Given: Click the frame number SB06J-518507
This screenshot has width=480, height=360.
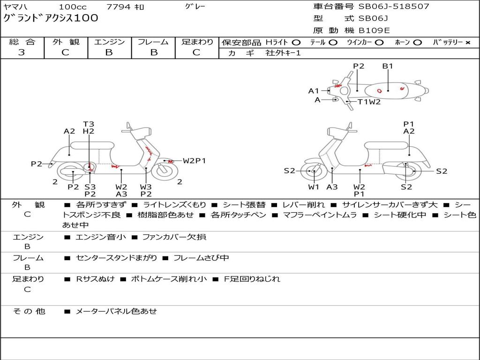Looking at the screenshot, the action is point(394,7).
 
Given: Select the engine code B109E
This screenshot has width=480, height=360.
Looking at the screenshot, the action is point(374,30).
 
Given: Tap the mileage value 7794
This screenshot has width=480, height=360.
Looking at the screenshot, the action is point(118,7).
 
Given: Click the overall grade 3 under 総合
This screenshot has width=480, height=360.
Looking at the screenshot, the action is point(22,52).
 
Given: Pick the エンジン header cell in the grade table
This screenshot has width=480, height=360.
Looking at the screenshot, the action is point(109,42).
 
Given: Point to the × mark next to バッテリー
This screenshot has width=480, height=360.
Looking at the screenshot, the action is point(467,43).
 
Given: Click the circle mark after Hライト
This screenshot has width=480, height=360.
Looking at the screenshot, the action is point(296,43).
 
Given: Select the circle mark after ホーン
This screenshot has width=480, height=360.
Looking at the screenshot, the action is point(417,43).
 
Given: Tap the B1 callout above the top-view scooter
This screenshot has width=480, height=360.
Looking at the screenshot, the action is point(388,66).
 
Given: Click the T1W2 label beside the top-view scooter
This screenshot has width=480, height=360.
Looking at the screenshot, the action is point(369,102).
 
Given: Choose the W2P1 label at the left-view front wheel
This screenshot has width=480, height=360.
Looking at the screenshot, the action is point(194,161).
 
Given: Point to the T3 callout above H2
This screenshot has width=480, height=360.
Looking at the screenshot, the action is point(89,124).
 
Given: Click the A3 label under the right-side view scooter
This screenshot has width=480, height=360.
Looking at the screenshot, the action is point(332,187).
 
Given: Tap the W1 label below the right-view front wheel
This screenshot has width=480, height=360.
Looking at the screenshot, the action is point(314,187).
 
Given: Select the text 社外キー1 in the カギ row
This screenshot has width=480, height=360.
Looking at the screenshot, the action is point(283,53).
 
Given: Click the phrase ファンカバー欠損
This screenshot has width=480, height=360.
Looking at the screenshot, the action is point(174,237).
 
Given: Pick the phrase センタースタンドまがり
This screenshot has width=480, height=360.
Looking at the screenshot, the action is point(117,258).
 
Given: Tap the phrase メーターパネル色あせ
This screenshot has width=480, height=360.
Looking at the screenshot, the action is point(116,311).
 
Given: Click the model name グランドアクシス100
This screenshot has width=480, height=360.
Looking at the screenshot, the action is point(51,18).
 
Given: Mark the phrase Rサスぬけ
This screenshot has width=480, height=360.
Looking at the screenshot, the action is point(95,279).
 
